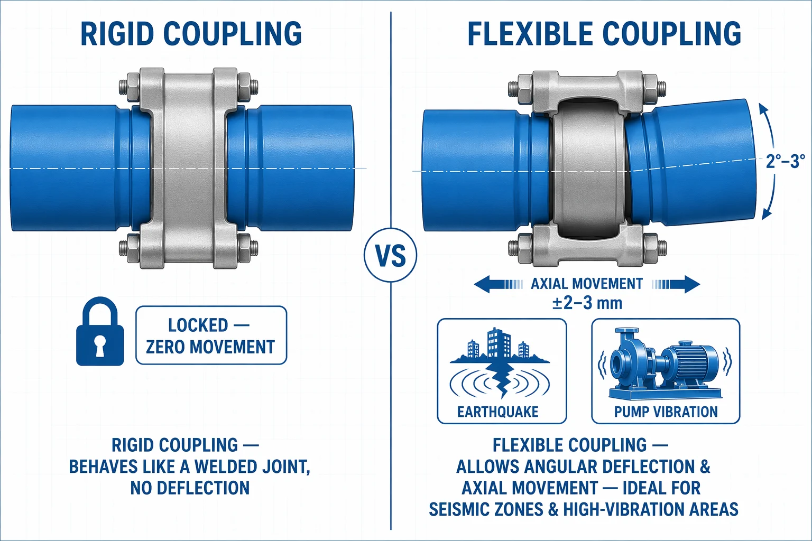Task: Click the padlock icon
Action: point(100,332)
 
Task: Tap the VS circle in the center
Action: point(391,255)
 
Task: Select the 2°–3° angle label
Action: point(785,161)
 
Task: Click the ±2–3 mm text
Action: point(587,303)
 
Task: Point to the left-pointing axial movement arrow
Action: point(499,284)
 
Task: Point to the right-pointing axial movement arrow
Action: point(676,284)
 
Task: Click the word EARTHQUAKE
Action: point(497,412)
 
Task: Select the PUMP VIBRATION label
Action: point(666,412)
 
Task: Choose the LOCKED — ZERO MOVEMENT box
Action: point(211,335)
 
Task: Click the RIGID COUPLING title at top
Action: point(191,34)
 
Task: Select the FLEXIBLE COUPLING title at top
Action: point(604,34)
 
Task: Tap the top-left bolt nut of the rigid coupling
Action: point(133,87)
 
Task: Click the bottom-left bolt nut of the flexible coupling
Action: point(525,248)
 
